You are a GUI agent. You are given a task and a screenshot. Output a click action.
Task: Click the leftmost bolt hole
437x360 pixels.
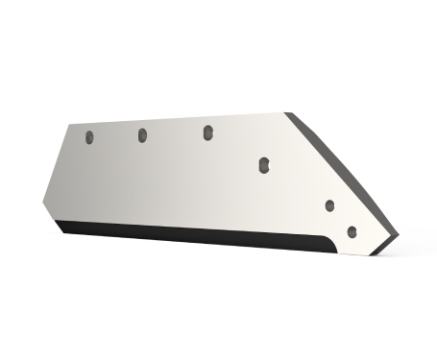(x=88, y=137)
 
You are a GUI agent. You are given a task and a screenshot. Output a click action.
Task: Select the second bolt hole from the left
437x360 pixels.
(x=141, y=134)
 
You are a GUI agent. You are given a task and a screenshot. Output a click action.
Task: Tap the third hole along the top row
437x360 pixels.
(x=207, y=132)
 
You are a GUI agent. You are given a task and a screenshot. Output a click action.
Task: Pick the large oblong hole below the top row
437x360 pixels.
(x=263, y=166)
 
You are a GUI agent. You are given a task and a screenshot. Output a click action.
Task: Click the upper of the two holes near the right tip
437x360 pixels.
(x=329, y=205)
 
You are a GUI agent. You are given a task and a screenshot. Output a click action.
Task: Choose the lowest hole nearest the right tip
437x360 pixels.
(x=352, y=231)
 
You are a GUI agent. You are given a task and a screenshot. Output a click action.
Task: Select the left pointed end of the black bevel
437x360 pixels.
(x=56, y=222)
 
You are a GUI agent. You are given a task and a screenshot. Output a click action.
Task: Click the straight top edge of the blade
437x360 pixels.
(x=182, y=119)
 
